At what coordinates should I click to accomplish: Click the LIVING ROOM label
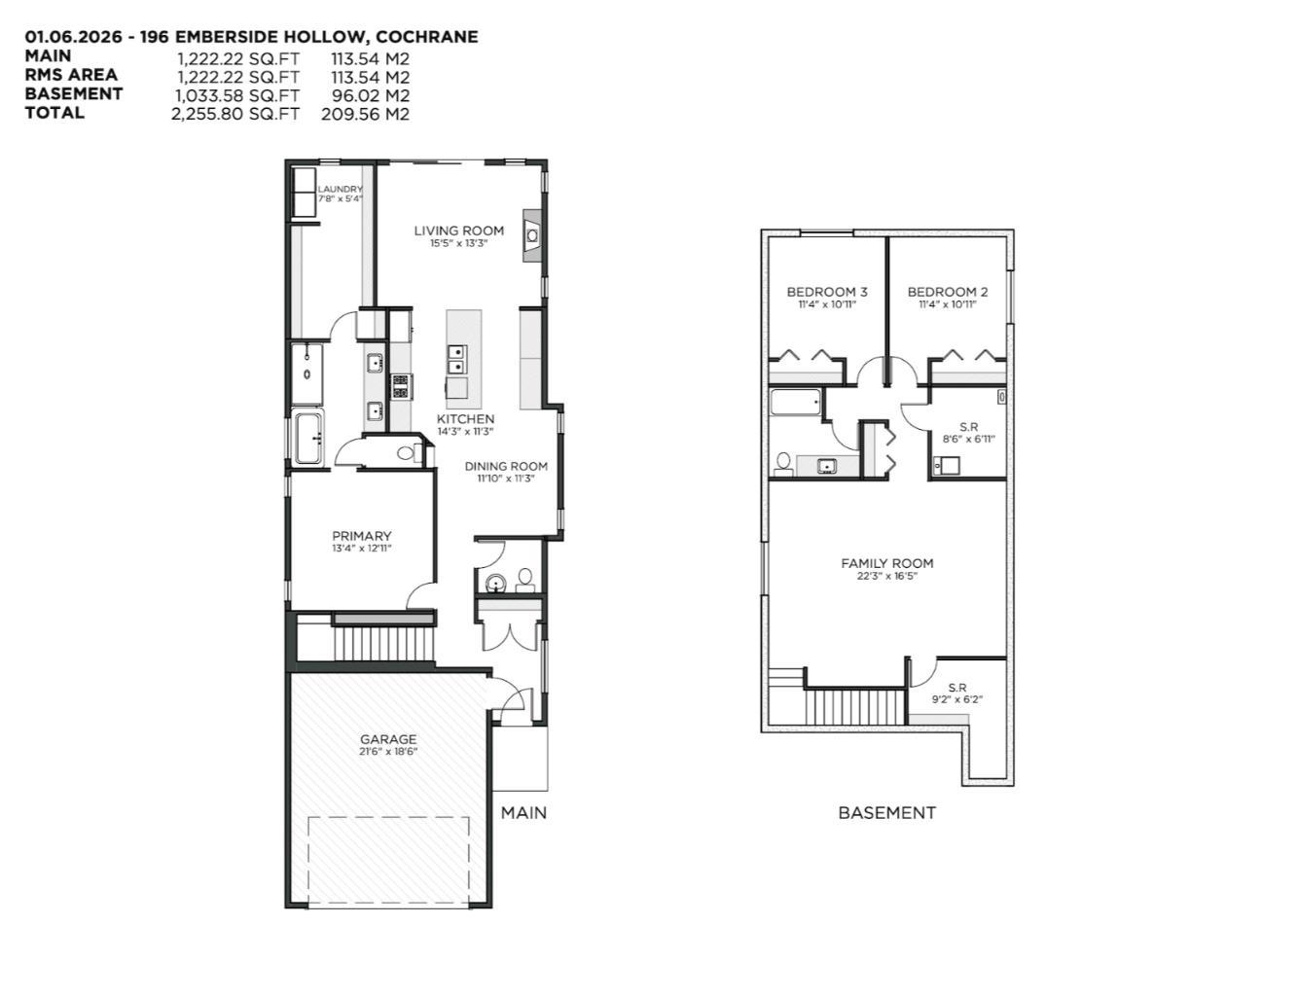pos(458,231)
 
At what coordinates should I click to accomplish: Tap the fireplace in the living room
pos(532,234)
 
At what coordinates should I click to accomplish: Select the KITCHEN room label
pos(465,419)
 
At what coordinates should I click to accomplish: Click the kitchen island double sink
pos(455,359)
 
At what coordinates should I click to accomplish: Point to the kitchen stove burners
pos(400,386)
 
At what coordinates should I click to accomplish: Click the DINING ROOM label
pos(506,466)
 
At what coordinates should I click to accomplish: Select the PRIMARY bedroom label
pos(361,536)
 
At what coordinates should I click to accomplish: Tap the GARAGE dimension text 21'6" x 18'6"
pos(388,752)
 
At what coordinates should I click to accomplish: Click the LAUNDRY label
pos(341,190)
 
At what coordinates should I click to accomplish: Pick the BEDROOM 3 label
pos(827,292)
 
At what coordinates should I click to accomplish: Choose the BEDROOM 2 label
pos(948,292)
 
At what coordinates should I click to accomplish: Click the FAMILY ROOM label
pos(886,563)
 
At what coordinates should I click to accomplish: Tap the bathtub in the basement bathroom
pos(796,404)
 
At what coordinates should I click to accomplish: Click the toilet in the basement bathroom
pos(783,462)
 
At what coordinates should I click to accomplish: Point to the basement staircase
pos(854,705)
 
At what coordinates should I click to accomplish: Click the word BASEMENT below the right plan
pos(886,813)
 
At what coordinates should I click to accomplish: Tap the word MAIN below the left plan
pos(523,812)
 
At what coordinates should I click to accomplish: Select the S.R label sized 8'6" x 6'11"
pos(968,427)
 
